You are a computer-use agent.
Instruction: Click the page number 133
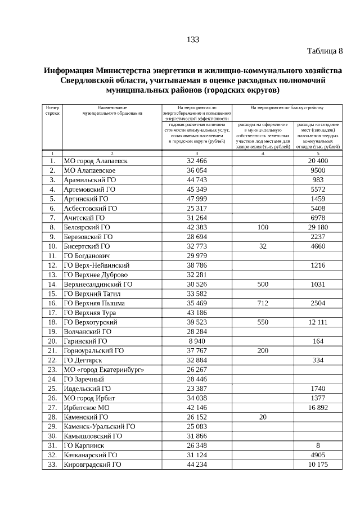click(192, 39)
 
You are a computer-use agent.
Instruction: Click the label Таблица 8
click(325, 52)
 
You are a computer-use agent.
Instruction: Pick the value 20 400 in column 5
click(318, 161)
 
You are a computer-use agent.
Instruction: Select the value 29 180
click(318, 227)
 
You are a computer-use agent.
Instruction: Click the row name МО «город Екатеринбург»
click(104, 370)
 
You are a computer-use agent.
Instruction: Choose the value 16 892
click(318, 408)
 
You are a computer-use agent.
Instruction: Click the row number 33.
click(52, 465)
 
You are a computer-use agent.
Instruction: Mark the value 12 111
click(318, 322)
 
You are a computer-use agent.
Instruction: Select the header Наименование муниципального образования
click(112, 110)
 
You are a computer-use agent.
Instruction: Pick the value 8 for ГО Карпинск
click(318, 446)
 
